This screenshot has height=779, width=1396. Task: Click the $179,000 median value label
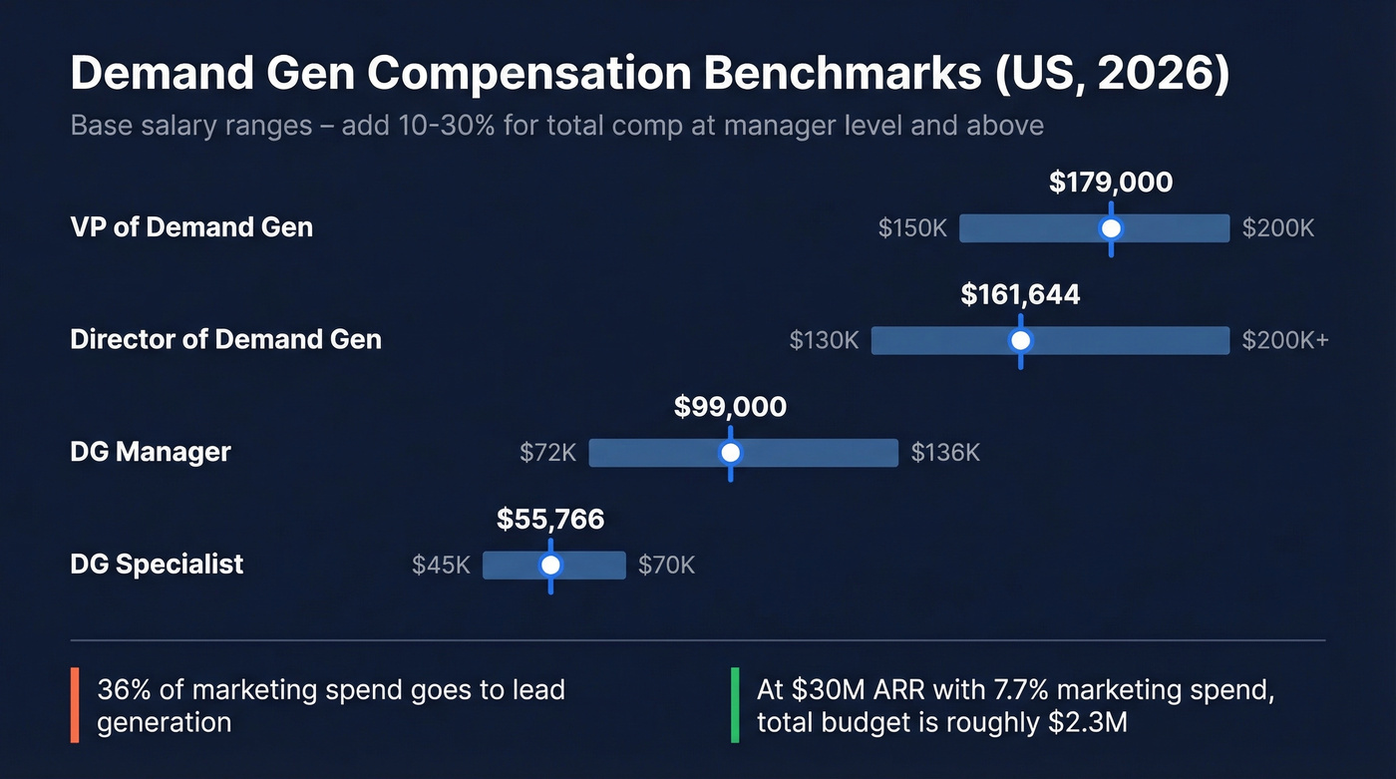(1111, 183)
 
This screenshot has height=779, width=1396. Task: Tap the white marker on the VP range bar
(1111, 228)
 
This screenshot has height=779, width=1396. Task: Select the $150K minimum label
(912, 228)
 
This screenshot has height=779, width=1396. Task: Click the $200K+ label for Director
(1285, 340)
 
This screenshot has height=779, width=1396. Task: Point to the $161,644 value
(1020, 295)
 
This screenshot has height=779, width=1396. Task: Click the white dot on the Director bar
(1020, 340)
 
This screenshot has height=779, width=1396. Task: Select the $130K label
(824, 340)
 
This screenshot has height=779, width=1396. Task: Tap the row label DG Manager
(151, 452)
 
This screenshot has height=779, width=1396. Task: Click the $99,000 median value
(730, 407)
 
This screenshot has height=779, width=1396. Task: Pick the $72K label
(548, 453)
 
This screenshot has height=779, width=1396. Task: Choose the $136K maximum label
(945, 453)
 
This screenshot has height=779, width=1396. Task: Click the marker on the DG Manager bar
(730, 453)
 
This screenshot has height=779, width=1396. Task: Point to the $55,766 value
(550, 520)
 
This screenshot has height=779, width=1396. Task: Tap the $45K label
(441, 566)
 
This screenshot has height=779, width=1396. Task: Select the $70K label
(666, 566)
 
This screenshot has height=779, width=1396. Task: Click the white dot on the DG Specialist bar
(550, 566)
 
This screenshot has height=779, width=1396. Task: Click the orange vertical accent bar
(75, 705)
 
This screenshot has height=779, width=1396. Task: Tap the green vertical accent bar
(735, 705)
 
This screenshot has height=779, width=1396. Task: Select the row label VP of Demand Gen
(191, 227)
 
